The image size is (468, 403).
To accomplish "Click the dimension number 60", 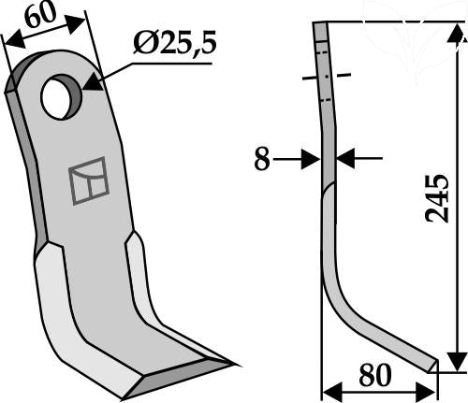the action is (x=40, y=16).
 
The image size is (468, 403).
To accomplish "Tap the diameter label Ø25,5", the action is (x=174, y=44).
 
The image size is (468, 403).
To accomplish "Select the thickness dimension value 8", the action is (x=261, y=159).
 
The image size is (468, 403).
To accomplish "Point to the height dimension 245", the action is (x=437, y=198).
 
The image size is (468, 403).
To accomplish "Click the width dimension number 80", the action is (x=375, y=375).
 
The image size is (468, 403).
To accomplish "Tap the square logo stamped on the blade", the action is (x=89, y=181).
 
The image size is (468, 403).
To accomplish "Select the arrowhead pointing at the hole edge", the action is (x=93, y=83).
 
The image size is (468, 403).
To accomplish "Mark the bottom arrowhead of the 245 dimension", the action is (x=457, y=362).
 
